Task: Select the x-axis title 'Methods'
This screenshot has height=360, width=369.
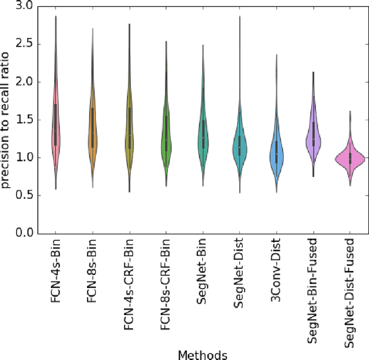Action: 202,354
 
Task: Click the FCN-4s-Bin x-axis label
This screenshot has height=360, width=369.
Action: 56,271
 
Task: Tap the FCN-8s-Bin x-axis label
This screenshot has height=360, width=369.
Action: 93,271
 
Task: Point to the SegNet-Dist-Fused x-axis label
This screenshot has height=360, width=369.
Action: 350,294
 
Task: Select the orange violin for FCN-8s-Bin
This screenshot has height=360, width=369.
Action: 92,132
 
